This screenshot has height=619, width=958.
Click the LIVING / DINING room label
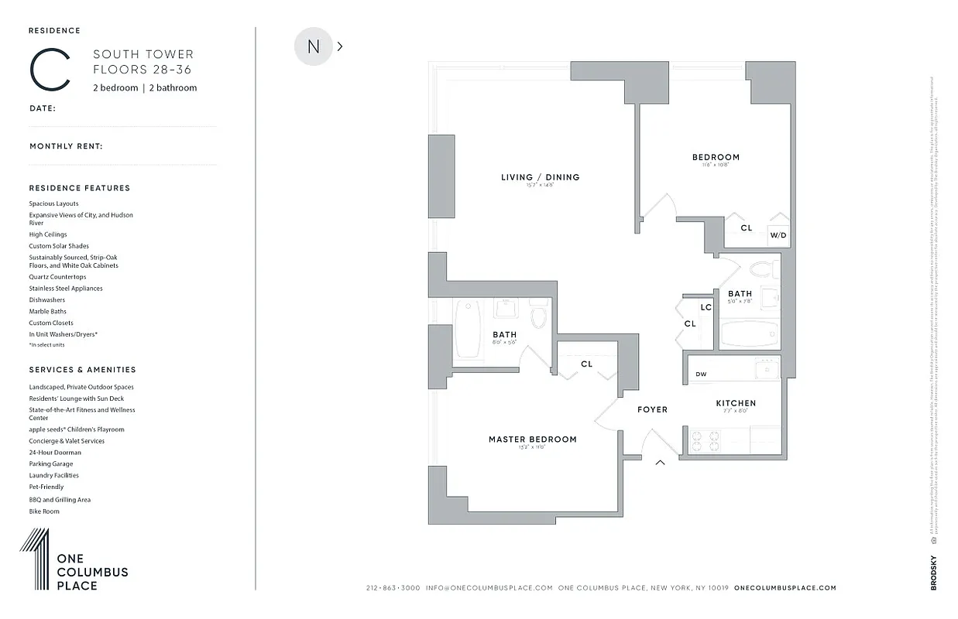[540, 177]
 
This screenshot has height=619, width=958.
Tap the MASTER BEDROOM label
[532, 439]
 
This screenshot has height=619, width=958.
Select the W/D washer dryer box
[778, 235]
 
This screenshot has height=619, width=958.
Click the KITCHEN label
[735, 403]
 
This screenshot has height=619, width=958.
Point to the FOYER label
[652, 409]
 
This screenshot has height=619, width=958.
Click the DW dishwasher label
[701, 374]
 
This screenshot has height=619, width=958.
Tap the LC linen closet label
[706, 307]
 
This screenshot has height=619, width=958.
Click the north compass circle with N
[313, 46]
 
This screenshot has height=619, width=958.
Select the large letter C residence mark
[51, 70]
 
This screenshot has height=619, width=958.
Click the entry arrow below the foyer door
[661, 463]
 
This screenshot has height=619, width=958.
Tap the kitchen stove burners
[704, 439]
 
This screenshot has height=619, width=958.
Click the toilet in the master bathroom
[539, 316]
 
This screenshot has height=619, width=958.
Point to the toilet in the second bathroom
[764, 270]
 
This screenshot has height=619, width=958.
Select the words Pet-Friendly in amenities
[46, 487]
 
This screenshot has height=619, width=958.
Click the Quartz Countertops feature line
[57, 277]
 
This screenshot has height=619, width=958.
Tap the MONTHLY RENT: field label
[66, 146]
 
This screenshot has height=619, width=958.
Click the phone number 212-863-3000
[393, 588]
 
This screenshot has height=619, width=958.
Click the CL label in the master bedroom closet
[586, 364]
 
